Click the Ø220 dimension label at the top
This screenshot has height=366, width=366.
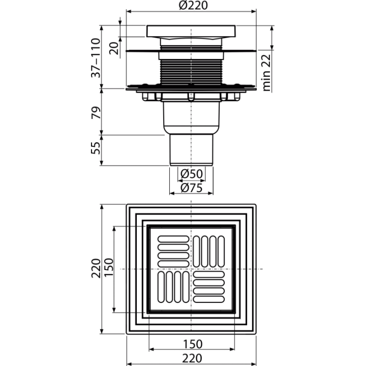pyautogui.click(x=193, y=6)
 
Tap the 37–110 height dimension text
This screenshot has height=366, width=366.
pyautogui.click(x=96, y=58)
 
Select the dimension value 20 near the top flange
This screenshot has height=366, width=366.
pyautogui.click(x=114, y=48)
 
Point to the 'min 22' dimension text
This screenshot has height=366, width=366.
pyautogui.click(x=266, y=73)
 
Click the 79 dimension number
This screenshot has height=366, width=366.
pyautogui.click(x=96, y=112)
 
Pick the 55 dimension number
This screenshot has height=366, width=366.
pyautogui.click(x=96, y=148)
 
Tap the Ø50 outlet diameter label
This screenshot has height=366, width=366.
pyautogui.click(x=192, y=174)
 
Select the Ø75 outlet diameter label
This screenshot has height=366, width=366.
pyautogui.click(x=192, y=188)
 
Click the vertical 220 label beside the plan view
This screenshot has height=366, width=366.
pyautogui.click(x=96, y=268)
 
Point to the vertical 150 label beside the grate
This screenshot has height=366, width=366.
pyautogui.click(x=108, y=267)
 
